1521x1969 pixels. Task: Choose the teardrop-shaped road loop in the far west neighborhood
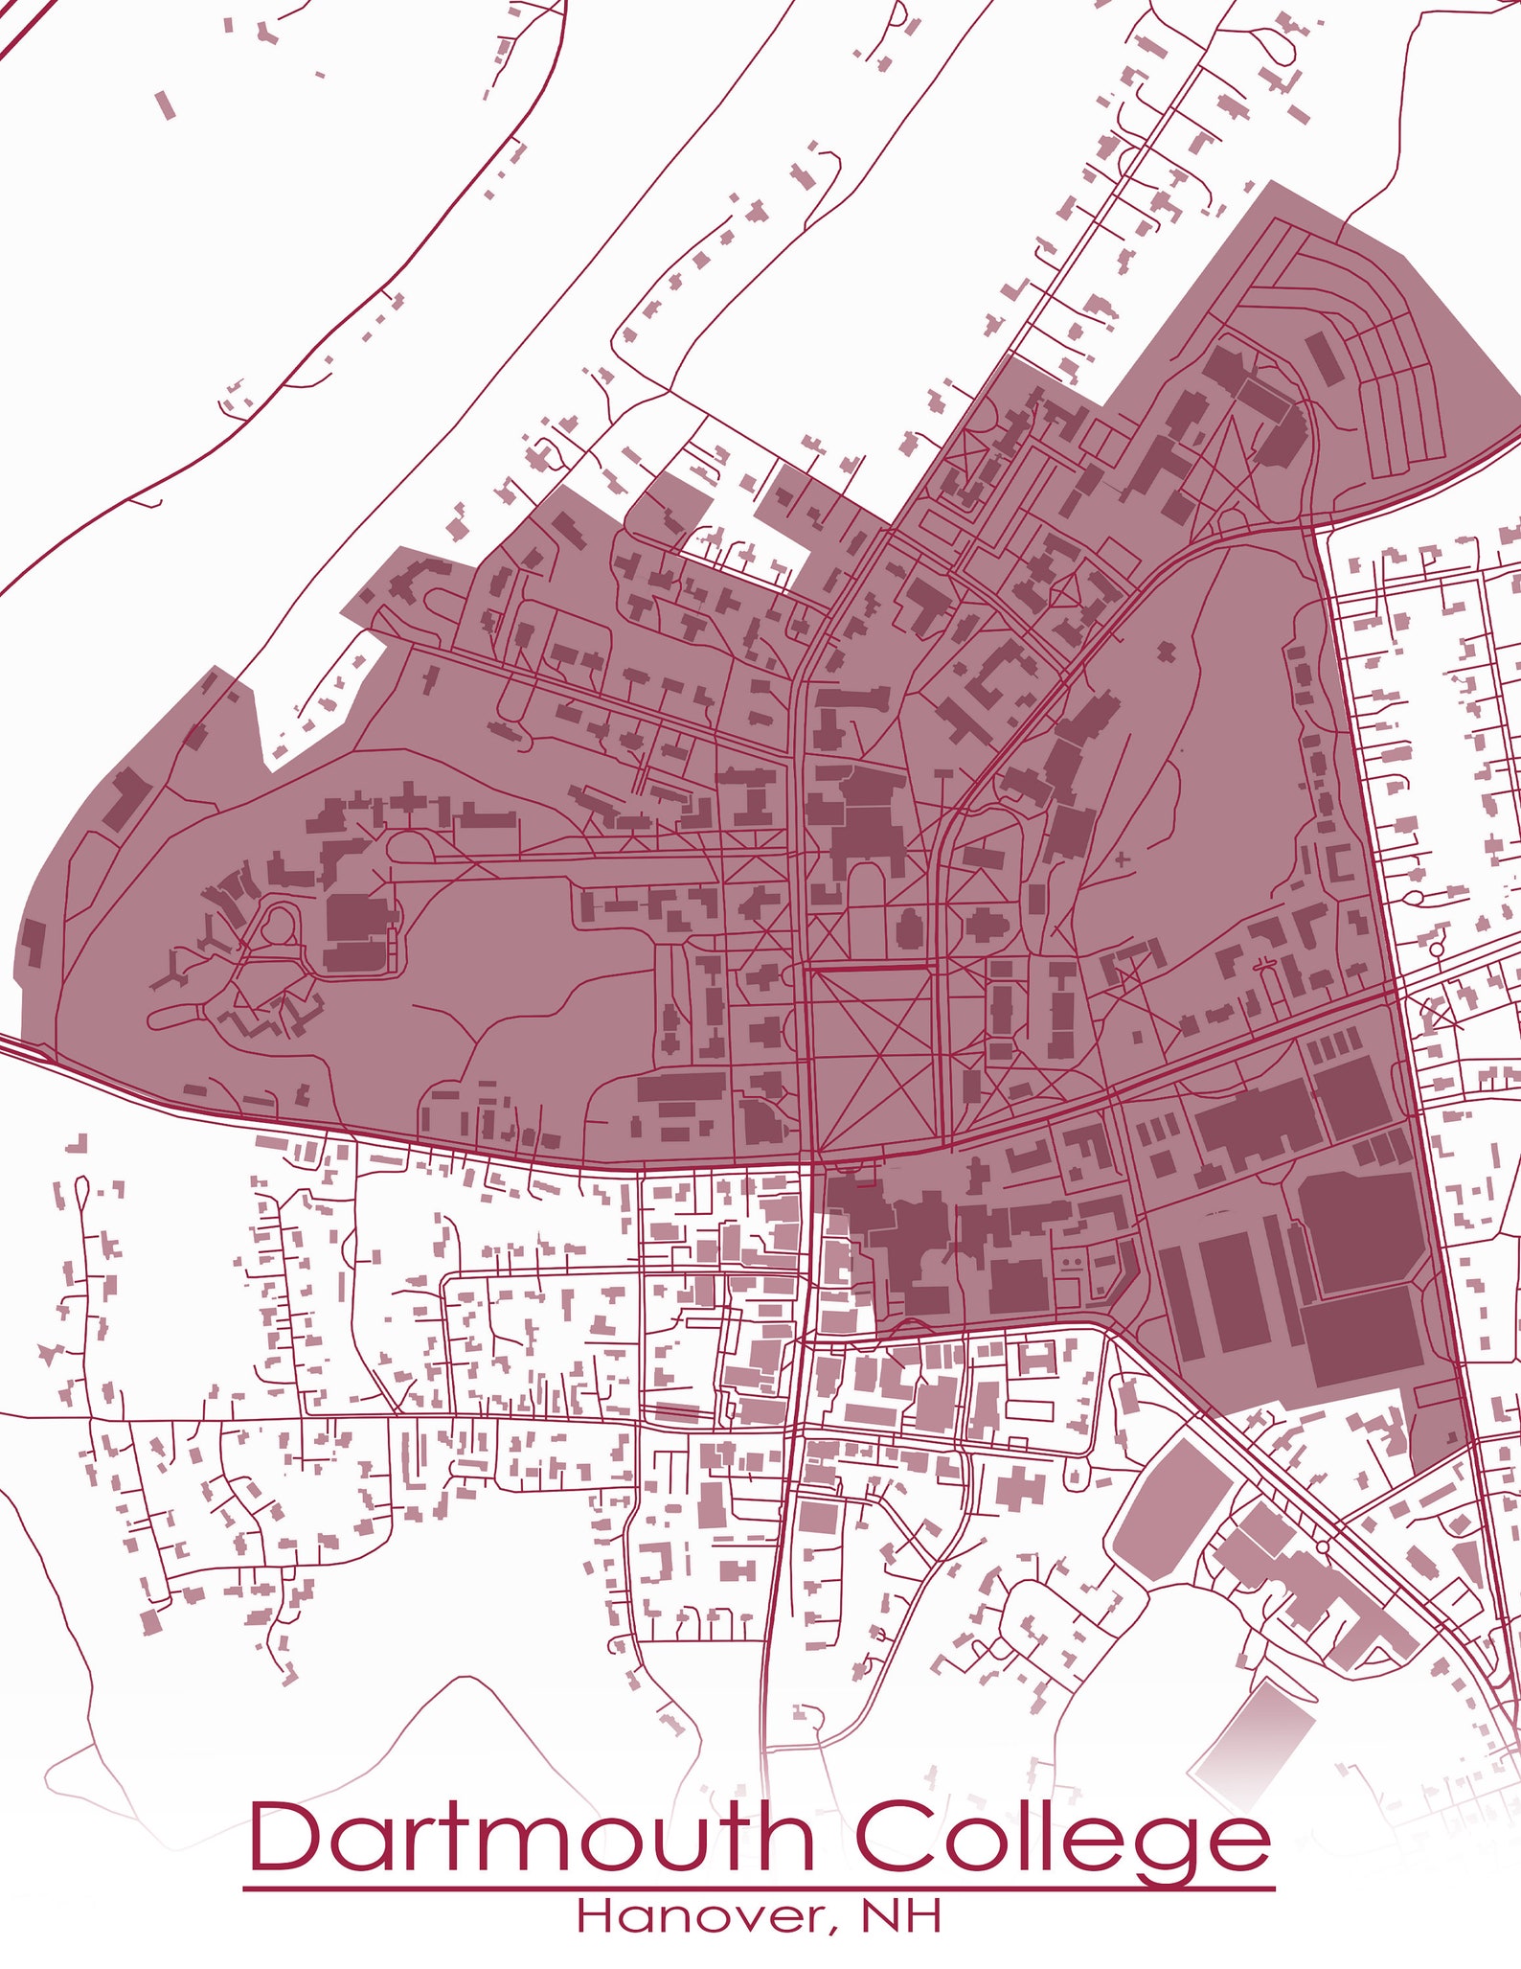pyautogui.click(x=80, y=1193)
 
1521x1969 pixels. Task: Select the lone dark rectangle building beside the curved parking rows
pyautogui.click(x=1321, y=358)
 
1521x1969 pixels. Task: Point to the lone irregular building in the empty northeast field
pyautogui.click(x=1166, y=651)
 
